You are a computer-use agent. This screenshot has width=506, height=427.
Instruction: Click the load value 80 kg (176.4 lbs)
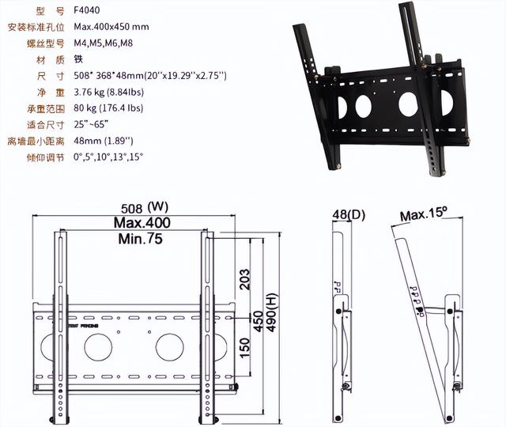click(x=111, y=108)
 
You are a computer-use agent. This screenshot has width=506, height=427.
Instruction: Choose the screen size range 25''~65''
click(x=91, y=124)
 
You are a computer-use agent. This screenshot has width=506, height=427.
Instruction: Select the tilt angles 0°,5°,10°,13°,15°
click(x=109, y=157)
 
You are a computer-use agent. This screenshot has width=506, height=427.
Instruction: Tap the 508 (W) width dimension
click(x=143, y=209)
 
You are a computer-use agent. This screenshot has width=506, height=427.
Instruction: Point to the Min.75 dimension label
click(x=141, y=238)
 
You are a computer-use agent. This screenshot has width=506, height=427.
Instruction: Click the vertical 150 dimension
click(x=245, y=345)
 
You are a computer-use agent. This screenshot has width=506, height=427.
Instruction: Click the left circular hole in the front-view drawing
click(x=98, y=347)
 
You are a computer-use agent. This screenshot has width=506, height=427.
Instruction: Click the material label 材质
click(x=35, y=59)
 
